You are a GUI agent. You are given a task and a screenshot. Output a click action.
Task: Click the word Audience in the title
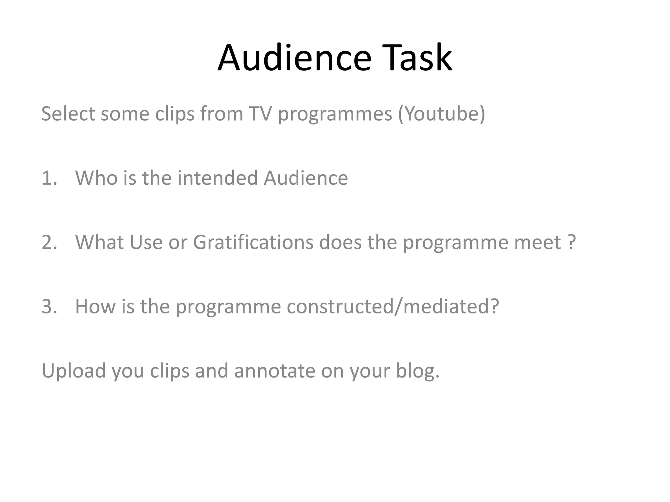pos(294,58)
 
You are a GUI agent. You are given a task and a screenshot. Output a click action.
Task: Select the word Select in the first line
pos(68,114)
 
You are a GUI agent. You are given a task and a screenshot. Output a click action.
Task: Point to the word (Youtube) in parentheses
pos(441,114)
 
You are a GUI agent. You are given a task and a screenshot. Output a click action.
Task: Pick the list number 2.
pos(49,243)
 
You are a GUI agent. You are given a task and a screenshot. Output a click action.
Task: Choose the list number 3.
pos(49,307)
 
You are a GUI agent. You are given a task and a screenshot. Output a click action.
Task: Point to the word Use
pos(146,243)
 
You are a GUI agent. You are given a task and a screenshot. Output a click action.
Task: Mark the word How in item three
pos(95,307)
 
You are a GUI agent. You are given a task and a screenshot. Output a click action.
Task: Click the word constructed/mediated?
pos(393,307)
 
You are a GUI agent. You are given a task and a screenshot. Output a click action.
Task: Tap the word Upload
pos(74,371)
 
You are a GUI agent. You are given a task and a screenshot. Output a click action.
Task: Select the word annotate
pos(275,371)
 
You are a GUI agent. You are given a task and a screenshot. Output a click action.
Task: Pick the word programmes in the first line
pos(335,114)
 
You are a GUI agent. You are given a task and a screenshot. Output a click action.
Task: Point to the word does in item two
pos(340,243)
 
